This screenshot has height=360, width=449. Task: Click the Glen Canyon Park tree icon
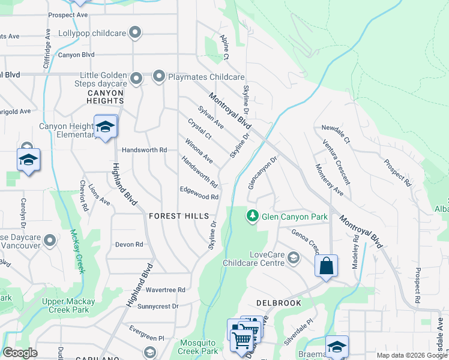(x=253, y=215)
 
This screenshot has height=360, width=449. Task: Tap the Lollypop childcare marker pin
(x=136, y=32)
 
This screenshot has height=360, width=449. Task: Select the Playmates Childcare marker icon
(x=159, y=77)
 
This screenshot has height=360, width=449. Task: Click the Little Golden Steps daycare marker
(x=136, y=77)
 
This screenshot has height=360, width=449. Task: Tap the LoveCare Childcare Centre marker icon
(x=294, y=258)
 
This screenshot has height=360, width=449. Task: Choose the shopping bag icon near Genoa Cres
(x=326, y=266)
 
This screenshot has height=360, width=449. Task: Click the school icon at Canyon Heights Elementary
(x=105, y=127)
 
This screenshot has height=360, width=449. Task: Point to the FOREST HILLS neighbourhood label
(x=179, y=216)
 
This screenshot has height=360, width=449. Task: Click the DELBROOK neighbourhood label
(x=278, y=303)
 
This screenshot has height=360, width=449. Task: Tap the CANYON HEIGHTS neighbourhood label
(x=105, y=97)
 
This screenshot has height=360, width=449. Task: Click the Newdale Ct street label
(x=335, y=128)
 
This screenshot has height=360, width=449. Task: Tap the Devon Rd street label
(x=130, y=244)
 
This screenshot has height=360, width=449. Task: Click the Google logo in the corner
(x=20, y=353)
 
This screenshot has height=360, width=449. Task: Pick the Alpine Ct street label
(x=224, y=47)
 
